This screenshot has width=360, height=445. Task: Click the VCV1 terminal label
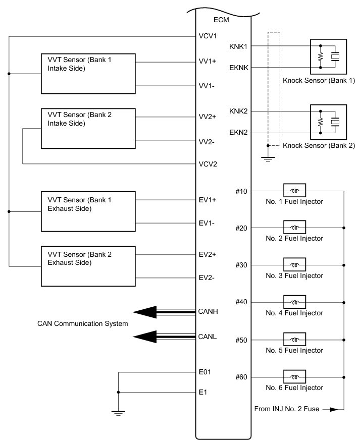coord(208,36)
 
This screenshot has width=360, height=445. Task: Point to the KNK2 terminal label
coord(238,111)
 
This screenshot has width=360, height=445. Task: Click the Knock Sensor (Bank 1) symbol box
coord(328,57)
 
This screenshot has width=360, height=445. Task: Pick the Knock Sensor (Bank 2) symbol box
coord(328,122)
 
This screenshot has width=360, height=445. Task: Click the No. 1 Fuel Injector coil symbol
coord(295,191)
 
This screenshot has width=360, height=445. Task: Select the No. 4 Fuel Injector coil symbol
coord(295,302)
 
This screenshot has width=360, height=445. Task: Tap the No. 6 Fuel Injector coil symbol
coord(295,377)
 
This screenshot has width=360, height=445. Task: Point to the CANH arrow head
coord(143,312)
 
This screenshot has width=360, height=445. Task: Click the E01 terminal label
coord(205,372)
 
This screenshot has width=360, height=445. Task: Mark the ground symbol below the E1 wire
coord(118,413)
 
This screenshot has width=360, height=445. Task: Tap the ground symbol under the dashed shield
coord(268,159)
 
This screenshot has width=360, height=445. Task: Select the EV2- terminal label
coord(208,277)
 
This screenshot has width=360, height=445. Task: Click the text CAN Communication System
coord(83,323)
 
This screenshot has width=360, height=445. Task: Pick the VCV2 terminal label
coord(208,164)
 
